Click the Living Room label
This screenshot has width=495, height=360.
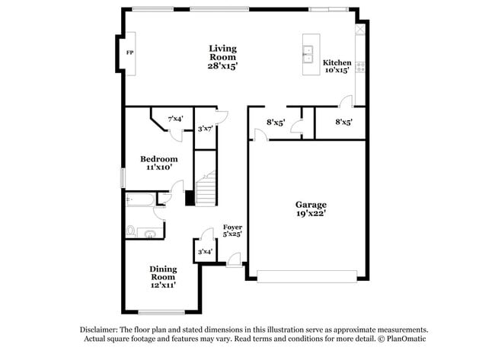223,56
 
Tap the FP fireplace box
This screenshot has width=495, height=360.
129,53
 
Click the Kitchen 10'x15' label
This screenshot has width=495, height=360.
337,66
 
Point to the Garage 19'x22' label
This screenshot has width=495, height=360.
311,209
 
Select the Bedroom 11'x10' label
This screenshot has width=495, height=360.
158,162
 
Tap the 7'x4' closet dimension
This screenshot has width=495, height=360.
175,119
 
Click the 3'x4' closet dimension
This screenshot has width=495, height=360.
204,252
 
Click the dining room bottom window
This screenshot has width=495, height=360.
161,311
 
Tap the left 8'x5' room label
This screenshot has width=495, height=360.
276,122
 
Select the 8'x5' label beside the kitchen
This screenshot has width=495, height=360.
343,122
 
